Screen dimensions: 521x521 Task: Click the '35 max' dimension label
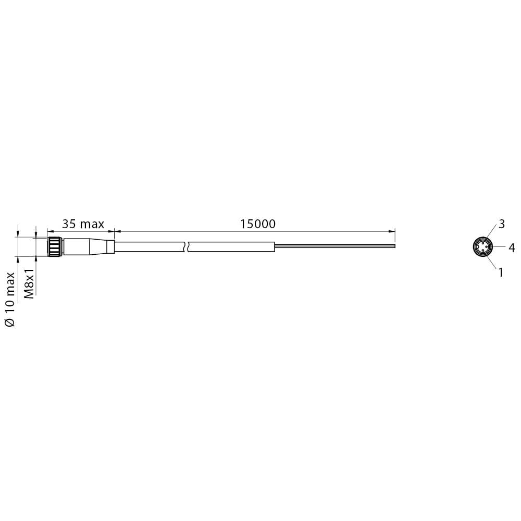coord(83,224)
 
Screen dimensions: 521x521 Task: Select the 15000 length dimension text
coord(258,224)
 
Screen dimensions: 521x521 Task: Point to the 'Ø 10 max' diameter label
coord(10,300)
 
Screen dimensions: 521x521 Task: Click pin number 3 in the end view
coord(502,224)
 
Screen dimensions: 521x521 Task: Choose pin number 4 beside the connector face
coord(512,247)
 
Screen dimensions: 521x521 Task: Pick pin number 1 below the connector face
coord(501,272)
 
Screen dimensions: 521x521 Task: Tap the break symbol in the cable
coord(187,246)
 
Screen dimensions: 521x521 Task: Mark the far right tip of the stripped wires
coord(395,246)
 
